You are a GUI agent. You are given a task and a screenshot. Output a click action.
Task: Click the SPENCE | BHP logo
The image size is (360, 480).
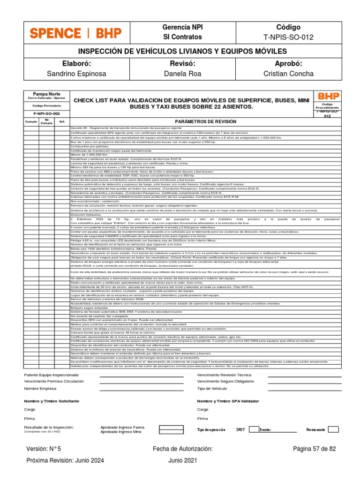click(x=75, y=33)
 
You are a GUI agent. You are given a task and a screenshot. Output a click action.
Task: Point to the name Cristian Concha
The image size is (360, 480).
click(x=288, y=74)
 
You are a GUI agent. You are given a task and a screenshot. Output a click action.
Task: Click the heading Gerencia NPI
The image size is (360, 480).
click(x=182, y=27)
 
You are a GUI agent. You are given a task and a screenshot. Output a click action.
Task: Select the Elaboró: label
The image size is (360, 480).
click(x=75, y=64)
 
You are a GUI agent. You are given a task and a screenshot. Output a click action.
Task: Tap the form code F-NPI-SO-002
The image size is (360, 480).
click(x=46, y=113)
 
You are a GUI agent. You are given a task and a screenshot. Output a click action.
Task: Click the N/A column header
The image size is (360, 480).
click(x=62, y=121)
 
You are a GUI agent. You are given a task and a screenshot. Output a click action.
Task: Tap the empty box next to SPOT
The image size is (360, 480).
click(x=253, y=429)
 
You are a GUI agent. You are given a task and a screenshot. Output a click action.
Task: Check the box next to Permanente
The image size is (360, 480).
click(x=333, y=429)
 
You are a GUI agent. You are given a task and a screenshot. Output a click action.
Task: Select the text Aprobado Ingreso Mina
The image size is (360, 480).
click(x=120, y=432)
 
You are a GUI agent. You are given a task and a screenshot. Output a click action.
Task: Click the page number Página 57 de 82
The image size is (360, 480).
click(x=314, y=449)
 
